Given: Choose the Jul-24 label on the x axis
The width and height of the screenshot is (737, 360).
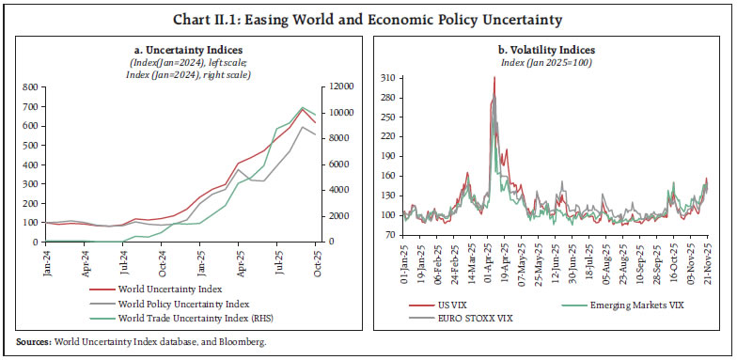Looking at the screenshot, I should click(124, 258).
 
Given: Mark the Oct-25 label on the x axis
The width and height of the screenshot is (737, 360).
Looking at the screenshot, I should click(317, 258).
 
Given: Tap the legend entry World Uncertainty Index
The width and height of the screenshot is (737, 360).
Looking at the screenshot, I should click(170, 290).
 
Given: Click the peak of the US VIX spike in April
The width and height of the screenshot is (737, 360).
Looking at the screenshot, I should click(494, 77).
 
